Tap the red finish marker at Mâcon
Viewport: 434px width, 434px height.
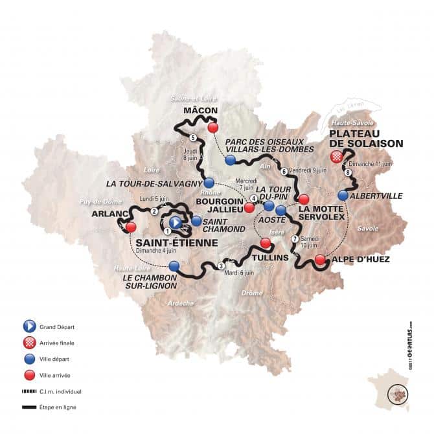pos(212,128)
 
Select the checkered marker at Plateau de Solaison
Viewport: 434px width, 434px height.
pos(336,157)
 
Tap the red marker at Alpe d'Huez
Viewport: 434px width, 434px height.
pos(320,260)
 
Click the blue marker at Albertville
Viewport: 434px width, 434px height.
pos(343,194)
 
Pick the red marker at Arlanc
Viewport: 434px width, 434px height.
pos(131,227)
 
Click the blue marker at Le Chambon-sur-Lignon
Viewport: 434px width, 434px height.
pos(174,266)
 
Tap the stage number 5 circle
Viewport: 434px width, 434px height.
pos(194,137)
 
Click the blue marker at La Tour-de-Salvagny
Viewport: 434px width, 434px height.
pos(209,183)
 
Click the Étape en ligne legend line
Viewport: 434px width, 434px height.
pos(29,407)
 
